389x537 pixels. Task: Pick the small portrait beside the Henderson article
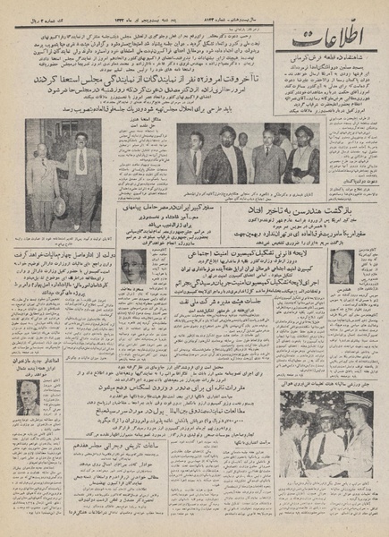pos(342,265)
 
